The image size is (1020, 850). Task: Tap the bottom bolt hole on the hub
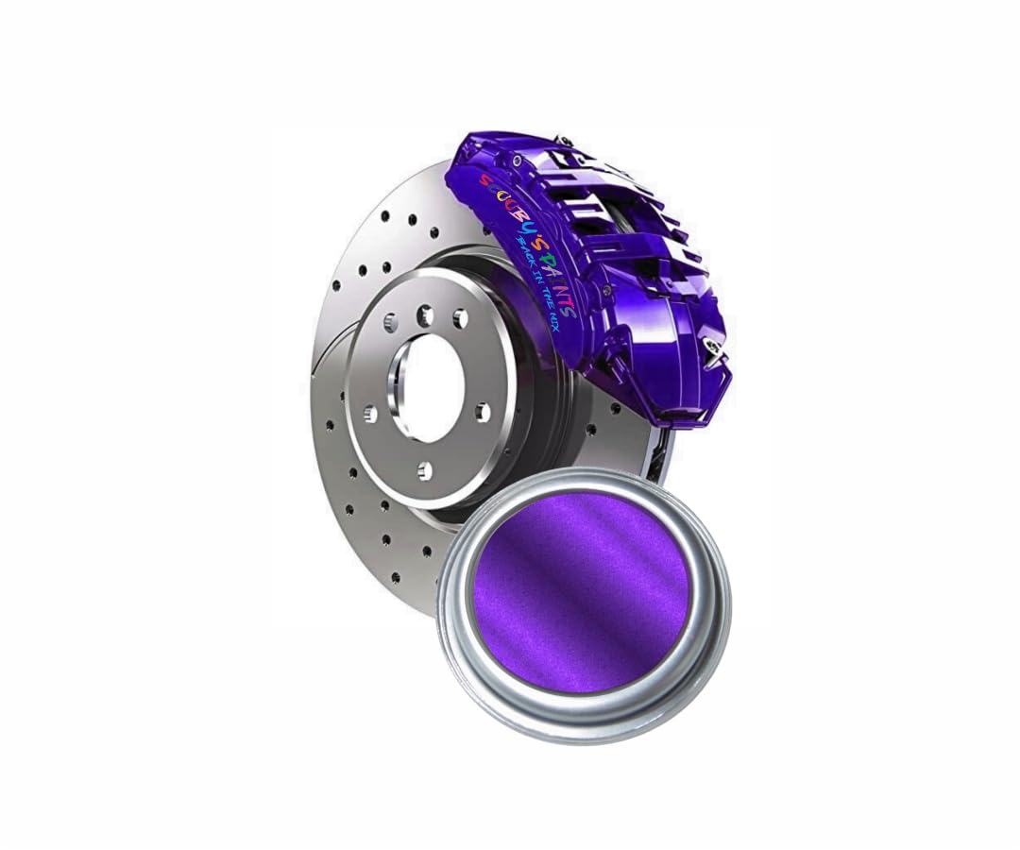click(x=425, y=470)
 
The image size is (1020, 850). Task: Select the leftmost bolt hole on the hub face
click(x=370, y=414)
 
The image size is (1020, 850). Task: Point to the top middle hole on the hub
click(x=425, y=314)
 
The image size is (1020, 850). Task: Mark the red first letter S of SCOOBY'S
click(x=484, y=179)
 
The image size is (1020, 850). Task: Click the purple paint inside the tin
click(x=581, y=590)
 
